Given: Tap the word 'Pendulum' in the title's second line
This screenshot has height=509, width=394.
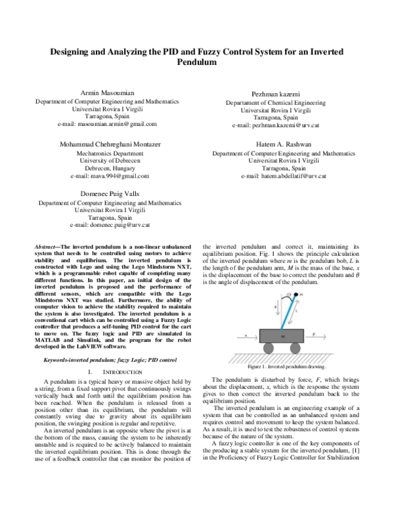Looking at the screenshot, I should coord(196,63).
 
